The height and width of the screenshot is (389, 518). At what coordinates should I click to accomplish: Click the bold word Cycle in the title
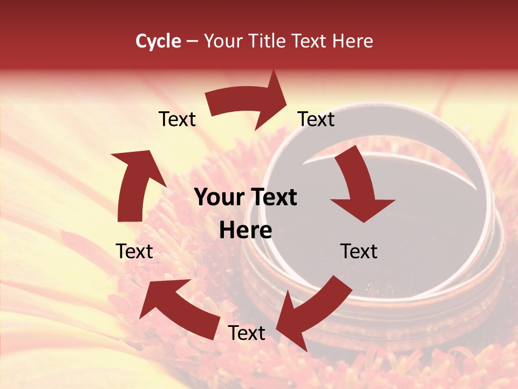[x=158, y=41]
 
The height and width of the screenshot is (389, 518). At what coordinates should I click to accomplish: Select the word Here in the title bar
[x=352, y=41]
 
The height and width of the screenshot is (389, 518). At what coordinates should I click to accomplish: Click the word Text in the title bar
[x=310, y=41]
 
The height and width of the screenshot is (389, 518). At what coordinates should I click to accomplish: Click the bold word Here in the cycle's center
[x=246, y=231]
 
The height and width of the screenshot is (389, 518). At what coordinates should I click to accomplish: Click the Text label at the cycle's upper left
[x=177, y=119]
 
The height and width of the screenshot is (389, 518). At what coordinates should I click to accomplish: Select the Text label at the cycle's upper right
[x=316, y=119]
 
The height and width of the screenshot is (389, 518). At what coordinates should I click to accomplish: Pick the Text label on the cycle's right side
[x=359, y=251]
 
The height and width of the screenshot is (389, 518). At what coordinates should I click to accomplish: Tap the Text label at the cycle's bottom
[x=247, y=333]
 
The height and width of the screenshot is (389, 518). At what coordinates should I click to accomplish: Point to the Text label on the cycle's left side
[x=134, y=251]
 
